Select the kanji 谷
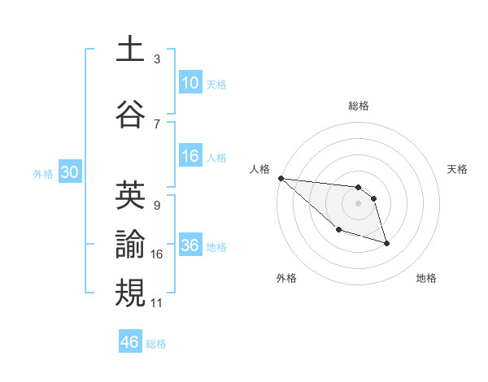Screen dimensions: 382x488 (x=130, y=113)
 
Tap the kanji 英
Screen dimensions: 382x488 (x=130, y=195)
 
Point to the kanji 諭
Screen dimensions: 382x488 (x=130, y=244)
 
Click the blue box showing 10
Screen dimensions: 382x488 (x=190, y=83)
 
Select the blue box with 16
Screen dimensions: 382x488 (x=190, y=156)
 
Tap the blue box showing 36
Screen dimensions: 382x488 (x=190, y=245)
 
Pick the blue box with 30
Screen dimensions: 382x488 (x=69, y=172)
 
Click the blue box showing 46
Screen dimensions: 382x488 (x=130, y=342)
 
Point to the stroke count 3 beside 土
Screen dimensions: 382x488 (x=156, y=59)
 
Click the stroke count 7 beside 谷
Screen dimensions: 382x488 (x=156, y=124)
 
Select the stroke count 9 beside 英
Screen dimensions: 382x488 (x=156, y=206)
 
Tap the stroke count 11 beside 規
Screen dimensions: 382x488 (x=156, y=303)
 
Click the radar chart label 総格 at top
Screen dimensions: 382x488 (x=358, y=106)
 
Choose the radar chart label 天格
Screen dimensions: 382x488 (x=457, y=169)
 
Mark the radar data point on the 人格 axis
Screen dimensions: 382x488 (x=281, y=178)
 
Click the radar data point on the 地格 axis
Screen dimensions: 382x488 (x=386, y=243)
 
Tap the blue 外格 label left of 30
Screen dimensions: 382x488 (x=42, y=173)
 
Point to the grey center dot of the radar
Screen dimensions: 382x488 (x=358, y=203)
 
